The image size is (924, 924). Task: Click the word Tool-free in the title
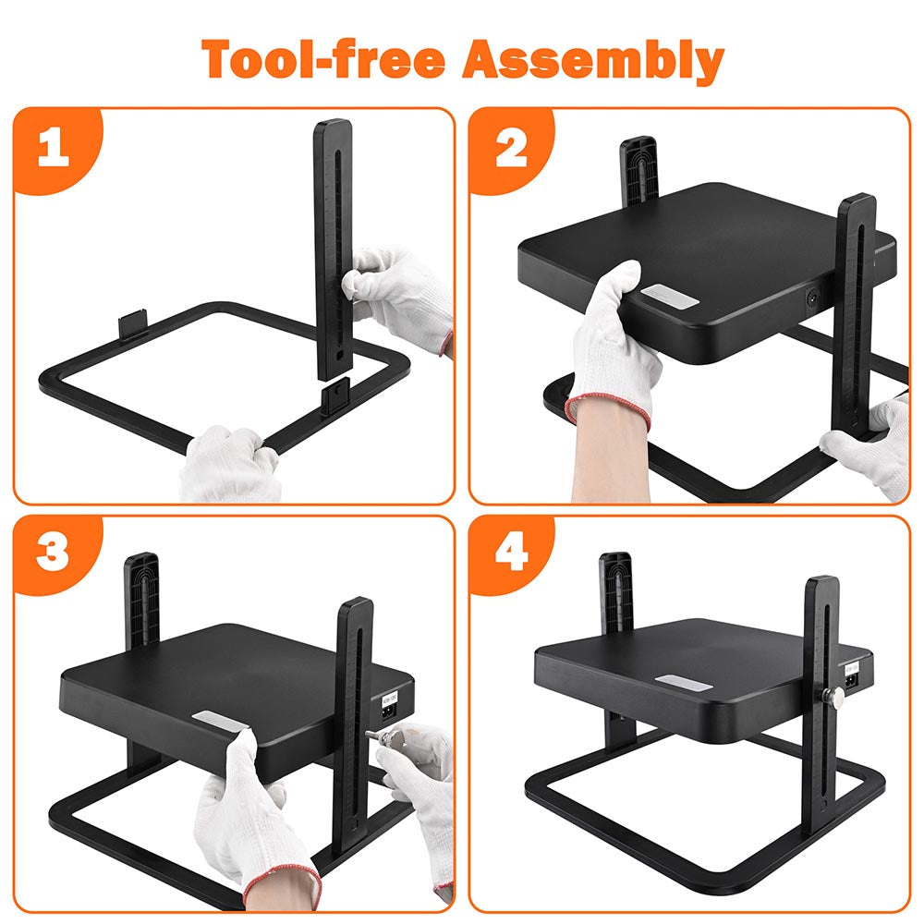coord(322,59)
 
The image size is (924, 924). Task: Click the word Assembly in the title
coord(593,62)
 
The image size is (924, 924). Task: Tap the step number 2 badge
coord(511,149)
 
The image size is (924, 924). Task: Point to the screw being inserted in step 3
coord(378,736)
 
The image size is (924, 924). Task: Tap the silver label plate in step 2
coord(670,295)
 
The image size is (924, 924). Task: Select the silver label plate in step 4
coord(684,683)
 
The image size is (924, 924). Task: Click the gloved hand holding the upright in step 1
coord(401,298)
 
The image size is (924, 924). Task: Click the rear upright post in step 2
coord(638,171)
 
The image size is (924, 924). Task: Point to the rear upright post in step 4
coord(616,593)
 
